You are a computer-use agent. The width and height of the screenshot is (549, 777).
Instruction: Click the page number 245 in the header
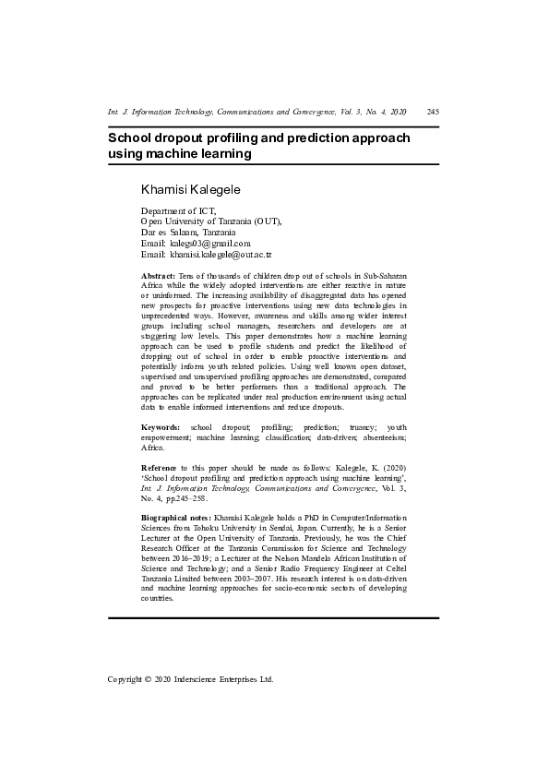(433, 112)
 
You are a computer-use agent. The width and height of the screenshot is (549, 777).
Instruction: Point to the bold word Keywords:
(161, 428)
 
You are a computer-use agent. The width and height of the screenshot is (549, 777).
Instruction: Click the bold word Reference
(160, 469)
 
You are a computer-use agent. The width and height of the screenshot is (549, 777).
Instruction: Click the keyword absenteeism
(386, 438)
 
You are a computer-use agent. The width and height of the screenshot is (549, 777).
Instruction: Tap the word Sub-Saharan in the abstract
(381, 277)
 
